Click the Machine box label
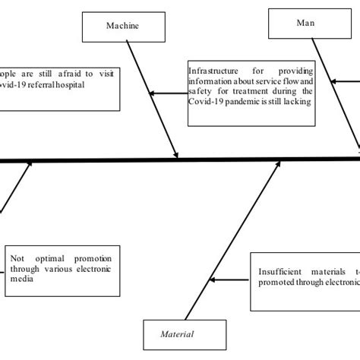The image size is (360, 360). (x=122, y=26)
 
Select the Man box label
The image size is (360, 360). (x=305, y=23)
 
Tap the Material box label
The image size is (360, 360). (x=177, y=333)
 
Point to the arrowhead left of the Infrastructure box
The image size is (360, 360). (x=153, y=93)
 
